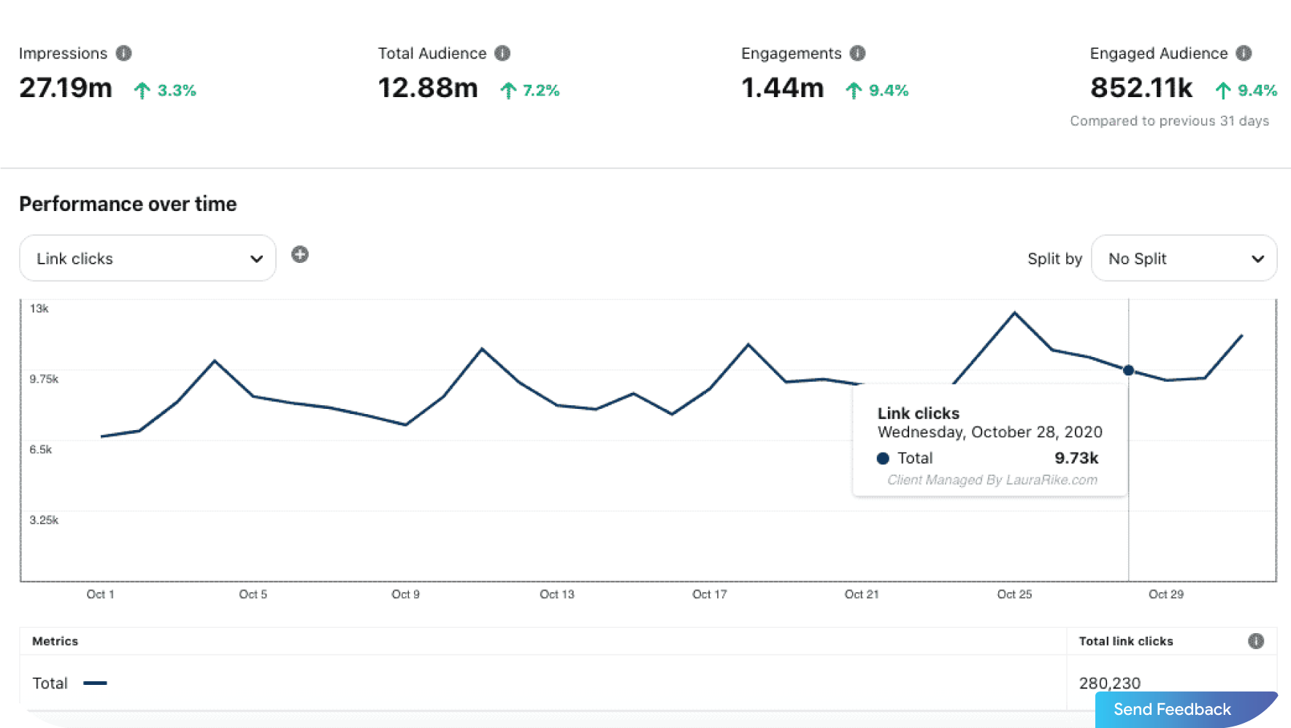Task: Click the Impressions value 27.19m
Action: [66, 88]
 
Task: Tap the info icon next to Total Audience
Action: [502, 53]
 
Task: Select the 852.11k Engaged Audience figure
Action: [1141, 88]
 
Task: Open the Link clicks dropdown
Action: [148, 258]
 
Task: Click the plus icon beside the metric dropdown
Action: [300, 255]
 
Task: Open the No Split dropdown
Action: [1184, 258]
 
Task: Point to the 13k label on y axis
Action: [39, 309]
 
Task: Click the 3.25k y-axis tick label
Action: [44, 520]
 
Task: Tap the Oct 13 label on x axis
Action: [557, 594]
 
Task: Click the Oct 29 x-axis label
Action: [1166, 594]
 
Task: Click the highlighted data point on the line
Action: [1128, 370]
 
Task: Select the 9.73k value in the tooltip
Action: [1076, 458]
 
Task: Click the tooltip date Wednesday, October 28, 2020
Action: [989, 432]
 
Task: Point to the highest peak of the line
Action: [1014, 313]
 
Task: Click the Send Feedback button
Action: [1172, 709]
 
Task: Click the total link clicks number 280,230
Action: [1109, 683]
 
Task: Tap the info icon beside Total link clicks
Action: [1256, 641]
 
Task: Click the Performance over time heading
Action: [128, 204]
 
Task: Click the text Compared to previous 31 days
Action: [1169, 121]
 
